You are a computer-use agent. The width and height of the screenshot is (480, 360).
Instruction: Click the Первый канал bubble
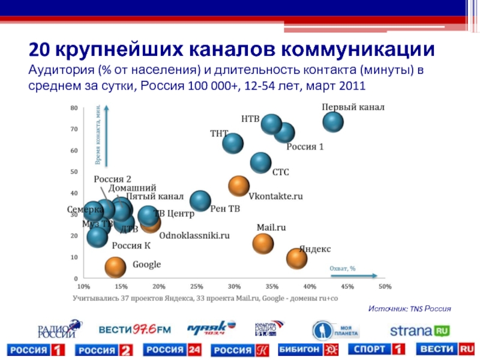[333, 122]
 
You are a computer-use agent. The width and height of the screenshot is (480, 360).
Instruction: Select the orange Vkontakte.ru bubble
[239, 186]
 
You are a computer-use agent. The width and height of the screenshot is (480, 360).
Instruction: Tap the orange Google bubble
[116, 267]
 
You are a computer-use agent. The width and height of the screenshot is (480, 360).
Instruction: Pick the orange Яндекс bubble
[297, 258]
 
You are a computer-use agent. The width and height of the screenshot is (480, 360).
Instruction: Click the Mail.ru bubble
[263, 243]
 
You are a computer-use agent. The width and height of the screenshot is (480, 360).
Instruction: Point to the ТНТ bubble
[232, 143]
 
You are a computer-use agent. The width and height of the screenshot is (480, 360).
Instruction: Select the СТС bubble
[260, 161]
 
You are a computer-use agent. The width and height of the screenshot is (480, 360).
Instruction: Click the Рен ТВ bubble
[200, 201]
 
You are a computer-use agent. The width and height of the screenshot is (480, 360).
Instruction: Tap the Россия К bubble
[97, 236]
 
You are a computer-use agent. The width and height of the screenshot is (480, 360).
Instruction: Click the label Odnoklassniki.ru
[194, 236]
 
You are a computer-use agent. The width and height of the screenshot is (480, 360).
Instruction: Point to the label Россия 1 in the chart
[304, 147]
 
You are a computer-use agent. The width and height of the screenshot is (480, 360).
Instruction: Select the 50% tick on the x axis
[385, 286]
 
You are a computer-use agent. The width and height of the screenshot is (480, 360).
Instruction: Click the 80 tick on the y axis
[74, 108]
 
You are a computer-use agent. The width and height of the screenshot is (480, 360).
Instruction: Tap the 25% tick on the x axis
[197, 286]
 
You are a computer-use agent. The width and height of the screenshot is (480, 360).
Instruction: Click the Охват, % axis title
[343, 268]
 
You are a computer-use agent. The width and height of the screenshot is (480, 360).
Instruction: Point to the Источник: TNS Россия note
[409, 308]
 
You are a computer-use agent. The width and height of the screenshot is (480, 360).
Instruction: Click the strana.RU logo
[420, 330]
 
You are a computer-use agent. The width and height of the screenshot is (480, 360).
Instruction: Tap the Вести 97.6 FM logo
[135, 329]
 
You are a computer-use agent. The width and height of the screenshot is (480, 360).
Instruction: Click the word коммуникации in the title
[356, 48]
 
